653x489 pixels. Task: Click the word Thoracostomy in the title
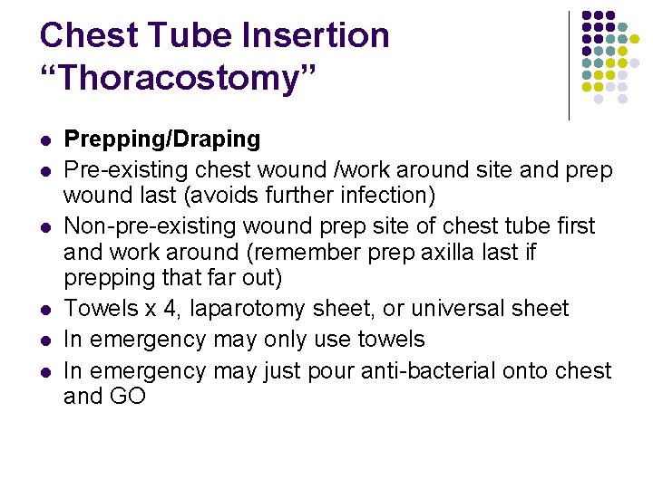(179, 80)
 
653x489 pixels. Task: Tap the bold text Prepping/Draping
(162, 139)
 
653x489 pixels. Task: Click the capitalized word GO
(128, 396)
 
